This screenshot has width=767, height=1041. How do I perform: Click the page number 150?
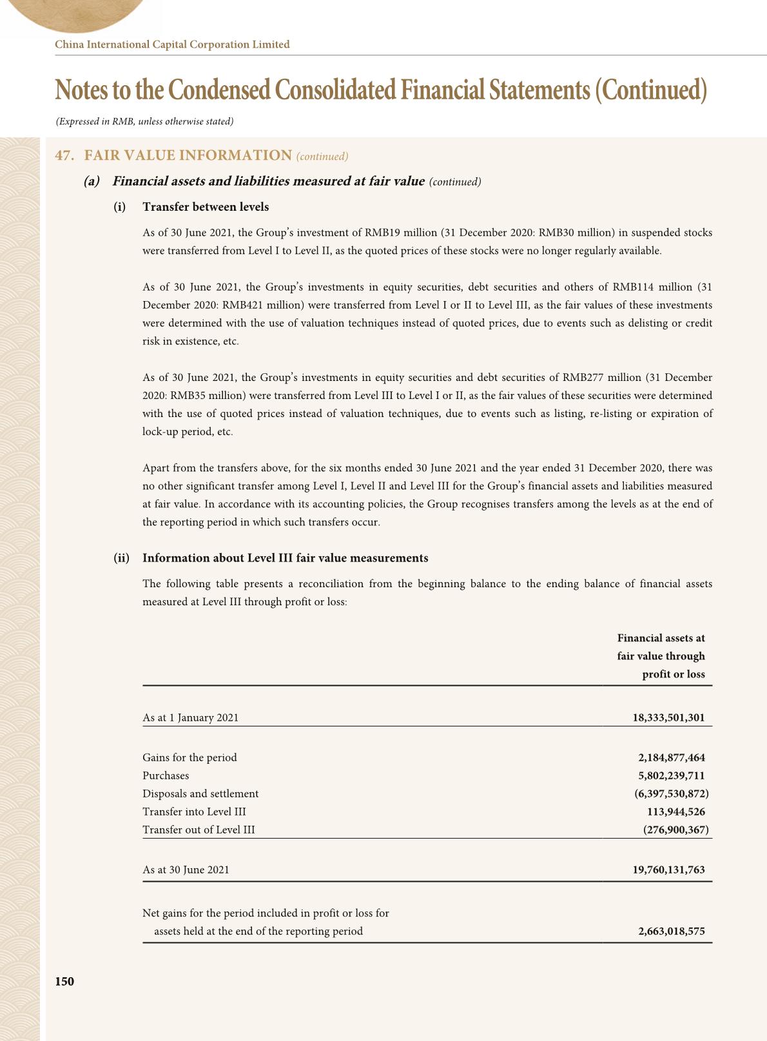(x=64, y=981)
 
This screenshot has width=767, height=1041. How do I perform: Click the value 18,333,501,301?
(x=668, y=717)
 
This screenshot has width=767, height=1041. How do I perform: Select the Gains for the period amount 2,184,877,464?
(x=671, y=757)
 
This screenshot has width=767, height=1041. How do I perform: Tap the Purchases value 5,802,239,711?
(x=671, y=775)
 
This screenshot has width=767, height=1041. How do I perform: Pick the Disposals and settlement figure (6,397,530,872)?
(x=671, y=793)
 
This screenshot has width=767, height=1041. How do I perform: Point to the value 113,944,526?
(x=675, y=812)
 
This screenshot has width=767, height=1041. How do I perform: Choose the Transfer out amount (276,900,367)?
(x=675, y=830)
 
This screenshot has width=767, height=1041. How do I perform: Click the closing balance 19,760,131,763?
(x=668, y=870)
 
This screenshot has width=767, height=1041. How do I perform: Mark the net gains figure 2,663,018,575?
(x=671, y=931)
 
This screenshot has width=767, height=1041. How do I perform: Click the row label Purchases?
(x=166, y=775)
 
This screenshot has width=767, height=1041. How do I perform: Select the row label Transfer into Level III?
(x=194, y=812)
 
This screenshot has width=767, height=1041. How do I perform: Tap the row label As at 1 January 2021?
(x=190, y=717)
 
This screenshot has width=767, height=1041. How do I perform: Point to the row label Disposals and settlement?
(x=200, y=793)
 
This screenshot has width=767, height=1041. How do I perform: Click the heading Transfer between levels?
(x=206, y=207)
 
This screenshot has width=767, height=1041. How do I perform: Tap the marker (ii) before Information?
(x=121, y=558)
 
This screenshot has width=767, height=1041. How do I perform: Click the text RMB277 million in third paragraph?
(x=594, y=377)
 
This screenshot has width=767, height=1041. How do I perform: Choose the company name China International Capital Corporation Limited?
(x=172, y=44)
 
